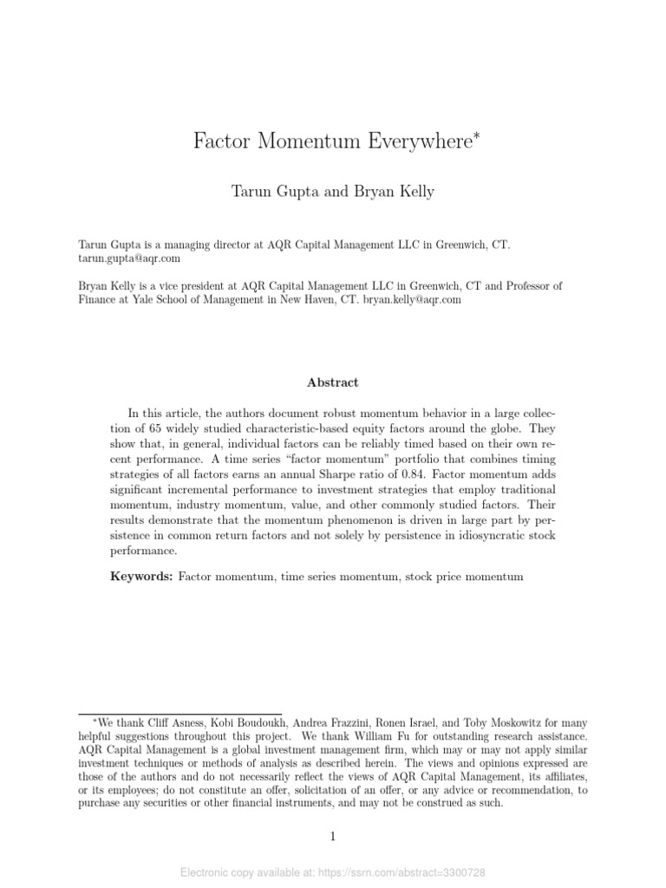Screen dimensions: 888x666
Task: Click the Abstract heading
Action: point(333,382)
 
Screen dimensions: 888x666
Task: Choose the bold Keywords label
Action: point(141,577)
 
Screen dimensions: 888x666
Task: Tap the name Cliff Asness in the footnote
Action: point(178,721)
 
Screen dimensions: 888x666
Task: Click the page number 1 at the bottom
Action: point(333,837)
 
